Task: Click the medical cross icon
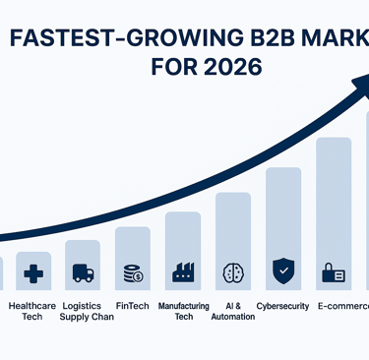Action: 32,273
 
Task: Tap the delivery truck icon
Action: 83,273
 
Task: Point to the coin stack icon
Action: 132,272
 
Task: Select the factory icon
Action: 182,272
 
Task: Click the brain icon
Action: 233,272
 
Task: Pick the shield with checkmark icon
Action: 283,268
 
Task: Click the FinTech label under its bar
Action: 132,306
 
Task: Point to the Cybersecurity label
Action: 283,306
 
